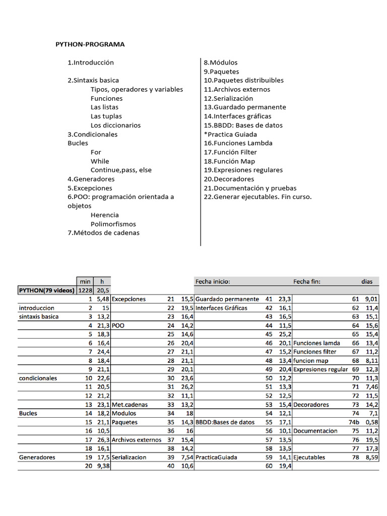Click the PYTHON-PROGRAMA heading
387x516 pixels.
pyautogui.click(x=90, y=44)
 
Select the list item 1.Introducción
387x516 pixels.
pyautogui.click(x=91, y=62)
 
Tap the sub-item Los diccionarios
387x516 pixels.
pyautogui.click(x=115, y=125)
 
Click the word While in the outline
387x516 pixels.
pyautogui.click(x=100, y=161)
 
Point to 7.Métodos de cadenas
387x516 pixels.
pyautogui.click(x=103, y=233)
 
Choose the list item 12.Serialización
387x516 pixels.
pyautogui.click(x=228, y=98)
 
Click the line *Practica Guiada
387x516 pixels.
pyautogui.click(x=230, y=134)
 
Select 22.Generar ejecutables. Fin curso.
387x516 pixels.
pyautogui.click(x=257, y=197)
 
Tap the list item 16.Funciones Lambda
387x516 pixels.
pyautogui.click(x=238, y=143)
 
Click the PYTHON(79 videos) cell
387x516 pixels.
pyautogui.click(x=46, y=290)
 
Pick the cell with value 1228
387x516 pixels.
pyautogui.click(x=85, y=290)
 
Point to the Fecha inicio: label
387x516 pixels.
pyautogui.click(x=213, y=281)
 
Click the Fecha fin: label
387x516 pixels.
pyautogui.click(x=307, y=281)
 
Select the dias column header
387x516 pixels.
pyautogui.click(x=366, y=281)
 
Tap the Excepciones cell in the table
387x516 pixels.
pyautogui.click(x=128, y=299)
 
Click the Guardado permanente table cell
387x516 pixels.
pyautogui.click(x=227, y=299)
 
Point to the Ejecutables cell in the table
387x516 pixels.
pyautogui.click(x=309, y=458)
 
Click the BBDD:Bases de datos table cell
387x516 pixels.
pyautogui.click(x=225, y=422)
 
